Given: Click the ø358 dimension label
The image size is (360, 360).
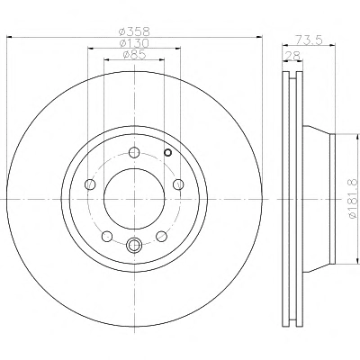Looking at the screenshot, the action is pos(134,31).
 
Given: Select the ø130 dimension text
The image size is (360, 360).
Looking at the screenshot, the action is pos(134,43).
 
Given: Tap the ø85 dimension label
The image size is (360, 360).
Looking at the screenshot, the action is pos(134,55).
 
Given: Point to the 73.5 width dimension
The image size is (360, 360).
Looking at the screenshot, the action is pos(309,40).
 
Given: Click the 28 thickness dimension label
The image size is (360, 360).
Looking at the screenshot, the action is pos(292,56).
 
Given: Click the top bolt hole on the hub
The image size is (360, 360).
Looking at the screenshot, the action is pos(134,152).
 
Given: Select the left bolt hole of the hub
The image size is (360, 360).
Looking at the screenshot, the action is pos(90,184).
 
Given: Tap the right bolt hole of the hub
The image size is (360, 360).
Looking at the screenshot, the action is pos(178,184).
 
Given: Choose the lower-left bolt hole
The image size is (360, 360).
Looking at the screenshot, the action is pos(107,237).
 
